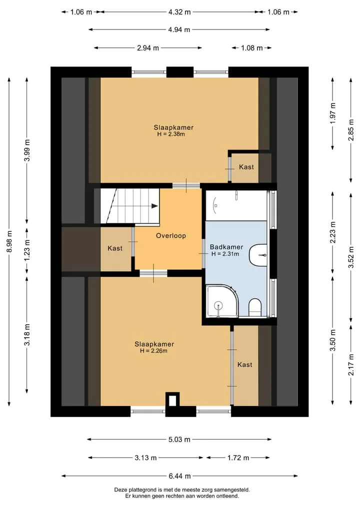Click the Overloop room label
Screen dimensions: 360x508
click(x=171, y=236)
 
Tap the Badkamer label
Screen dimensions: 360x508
click(x=226, y=247)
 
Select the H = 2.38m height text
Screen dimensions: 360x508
click(x=171, y=134)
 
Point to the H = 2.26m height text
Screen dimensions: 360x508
click(x=153, y=351)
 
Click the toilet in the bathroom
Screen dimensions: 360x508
click(x=255, y=307)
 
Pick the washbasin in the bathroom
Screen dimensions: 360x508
click(x=258, y=255)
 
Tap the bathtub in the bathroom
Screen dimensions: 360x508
click(x=236, y=205)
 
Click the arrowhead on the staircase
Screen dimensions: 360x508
click(x=154, y=206)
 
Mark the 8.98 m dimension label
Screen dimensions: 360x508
click(x=9, y=241)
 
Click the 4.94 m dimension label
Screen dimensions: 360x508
click(x=179, y=29)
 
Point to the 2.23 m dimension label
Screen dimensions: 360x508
click(x=333, y=232)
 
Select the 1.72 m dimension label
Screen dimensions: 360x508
click(x=238, y=458)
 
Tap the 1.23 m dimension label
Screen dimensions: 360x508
click(x=27, y=250)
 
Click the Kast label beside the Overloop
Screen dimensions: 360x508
click(x=115, y=248)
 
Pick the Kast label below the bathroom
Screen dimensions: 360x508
click(x=245, y=365)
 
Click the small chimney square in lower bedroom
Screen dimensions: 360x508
click(x=172, y=399)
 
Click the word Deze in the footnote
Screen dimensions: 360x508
click(x=120, y=490)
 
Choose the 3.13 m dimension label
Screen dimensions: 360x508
click(x=145, y=458)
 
